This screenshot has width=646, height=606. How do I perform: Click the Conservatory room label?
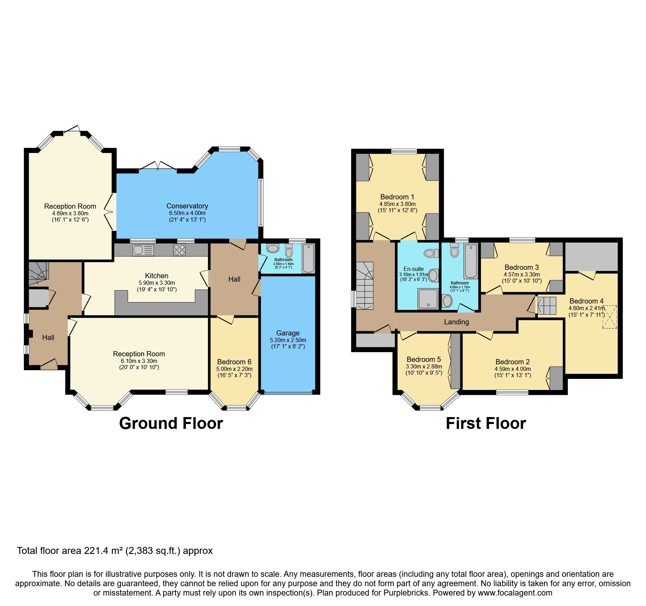(187, 206)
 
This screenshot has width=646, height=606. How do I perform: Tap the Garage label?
(288, 333)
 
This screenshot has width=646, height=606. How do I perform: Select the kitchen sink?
(143, 250)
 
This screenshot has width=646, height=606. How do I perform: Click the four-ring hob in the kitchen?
(180, 250)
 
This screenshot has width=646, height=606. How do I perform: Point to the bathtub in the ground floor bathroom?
(308, 259)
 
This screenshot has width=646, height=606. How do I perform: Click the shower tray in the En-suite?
(428, 299)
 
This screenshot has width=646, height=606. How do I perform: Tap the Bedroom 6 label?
(234, 362)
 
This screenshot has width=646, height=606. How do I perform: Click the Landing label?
(456, 322)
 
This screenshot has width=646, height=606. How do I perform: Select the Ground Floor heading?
(171, 423)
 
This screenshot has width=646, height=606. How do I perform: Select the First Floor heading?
(486, 423)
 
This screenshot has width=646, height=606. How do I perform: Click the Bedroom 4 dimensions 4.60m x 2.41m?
(586, 308)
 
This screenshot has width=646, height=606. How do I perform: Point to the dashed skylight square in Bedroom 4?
(610, 317)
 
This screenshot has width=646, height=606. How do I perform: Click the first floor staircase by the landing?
(364, 286)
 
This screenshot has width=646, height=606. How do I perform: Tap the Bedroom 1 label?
(397, 197)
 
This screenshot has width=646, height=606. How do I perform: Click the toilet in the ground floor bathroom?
(289, 250)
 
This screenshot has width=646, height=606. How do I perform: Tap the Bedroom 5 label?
(424, 359)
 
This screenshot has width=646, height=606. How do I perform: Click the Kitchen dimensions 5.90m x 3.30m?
(157, 283)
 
